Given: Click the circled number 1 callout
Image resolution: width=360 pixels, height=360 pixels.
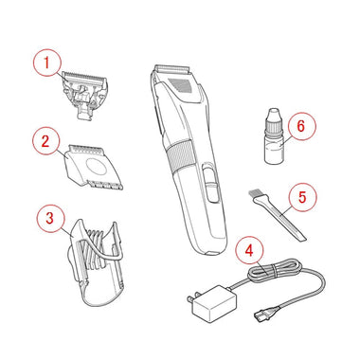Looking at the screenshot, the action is pos(46,63).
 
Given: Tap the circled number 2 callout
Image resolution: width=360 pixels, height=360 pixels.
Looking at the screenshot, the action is pos(46,141).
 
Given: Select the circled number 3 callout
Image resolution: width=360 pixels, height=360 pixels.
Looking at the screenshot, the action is pos(50,219).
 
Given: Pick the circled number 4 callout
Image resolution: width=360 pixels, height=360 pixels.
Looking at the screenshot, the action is pos(249,252).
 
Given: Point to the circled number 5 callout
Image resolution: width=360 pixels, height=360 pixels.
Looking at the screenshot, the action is pos(302,198).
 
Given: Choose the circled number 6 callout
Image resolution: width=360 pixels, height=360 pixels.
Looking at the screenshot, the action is pos(301,126).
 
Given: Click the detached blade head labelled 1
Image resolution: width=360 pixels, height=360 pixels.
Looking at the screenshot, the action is pos(85,95).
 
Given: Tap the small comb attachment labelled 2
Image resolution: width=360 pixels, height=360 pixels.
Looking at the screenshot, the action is pos(92,167).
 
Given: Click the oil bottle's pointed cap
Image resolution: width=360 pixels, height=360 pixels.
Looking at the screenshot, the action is pos(274,116).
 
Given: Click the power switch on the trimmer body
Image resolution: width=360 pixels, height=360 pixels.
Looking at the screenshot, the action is pos(210,182).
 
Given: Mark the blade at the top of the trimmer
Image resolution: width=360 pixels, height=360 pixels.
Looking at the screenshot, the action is pos(172,68).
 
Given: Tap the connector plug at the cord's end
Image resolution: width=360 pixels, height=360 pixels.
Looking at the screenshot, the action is pos(264,314).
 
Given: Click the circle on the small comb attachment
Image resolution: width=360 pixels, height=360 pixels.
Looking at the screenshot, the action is pos(95,167).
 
